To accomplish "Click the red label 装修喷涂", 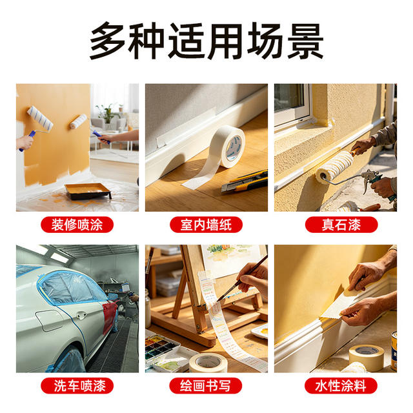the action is [77, 225].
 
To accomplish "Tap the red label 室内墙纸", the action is [206, 225].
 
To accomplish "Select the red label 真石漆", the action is [341, 225].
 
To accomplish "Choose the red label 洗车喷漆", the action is [77, 386].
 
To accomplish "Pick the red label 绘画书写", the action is [206, 386].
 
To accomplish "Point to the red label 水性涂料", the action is [341, 386].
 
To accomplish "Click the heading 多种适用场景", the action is [206, 41].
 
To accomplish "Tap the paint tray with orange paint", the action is [88, 191].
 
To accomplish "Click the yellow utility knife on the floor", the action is [245, 182].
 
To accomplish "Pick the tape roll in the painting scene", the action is [208, 363].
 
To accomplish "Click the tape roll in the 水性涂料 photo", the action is [367, 358].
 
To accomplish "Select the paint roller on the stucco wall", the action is [334, 167].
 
